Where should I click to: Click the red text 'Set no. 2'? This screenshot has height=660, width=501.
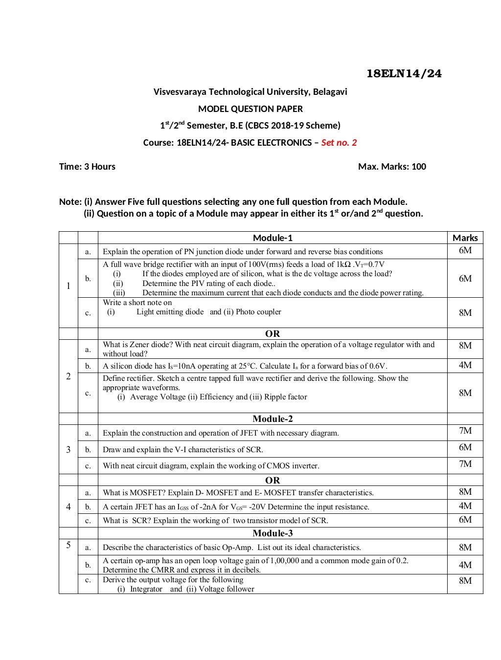pos(339,143)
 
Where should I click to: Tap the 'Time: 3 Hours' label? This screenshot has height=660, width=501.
pos(87,167)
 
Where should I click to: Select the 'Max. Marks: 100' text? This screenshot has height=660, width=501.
pos(392,167)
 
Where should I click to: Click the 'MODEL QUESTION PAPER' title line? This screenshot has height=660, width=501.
pos(250,109)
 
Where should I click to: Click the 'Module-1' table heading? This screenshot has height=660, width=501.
pos(273,238)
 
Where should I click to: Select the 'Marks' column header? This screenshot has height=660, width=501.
pos(465,238)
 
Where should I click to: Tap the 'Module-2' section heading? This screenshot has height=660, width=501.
pos(273,419)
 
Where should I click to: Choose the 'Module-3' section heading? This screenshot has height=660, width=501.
pos(273,533)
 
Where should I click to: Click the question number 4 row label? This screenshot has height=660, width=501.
pos(68,507)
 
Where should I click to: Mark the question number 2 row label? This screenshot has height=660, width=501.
pos(68,376)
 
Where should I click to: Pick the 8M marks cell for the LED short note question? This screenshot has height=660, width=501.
pos(465,313)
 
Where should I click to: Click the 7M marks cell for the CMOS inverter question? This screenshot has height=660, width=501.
pos(465,464)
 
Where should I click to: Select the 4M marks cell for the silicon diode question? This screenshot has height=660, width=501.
pos(465,365)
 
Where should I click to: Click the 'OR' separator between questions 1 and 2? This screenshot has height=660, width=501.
pos(273,334)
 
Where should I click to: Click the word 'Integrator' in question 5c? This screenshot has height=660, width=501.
pos(146,589)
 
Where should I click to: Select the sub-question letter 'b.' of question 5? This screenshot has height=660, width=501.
pos(88,565)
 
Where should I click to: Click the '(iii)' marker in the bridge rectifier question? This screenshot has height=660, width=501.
pos(119,293)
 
